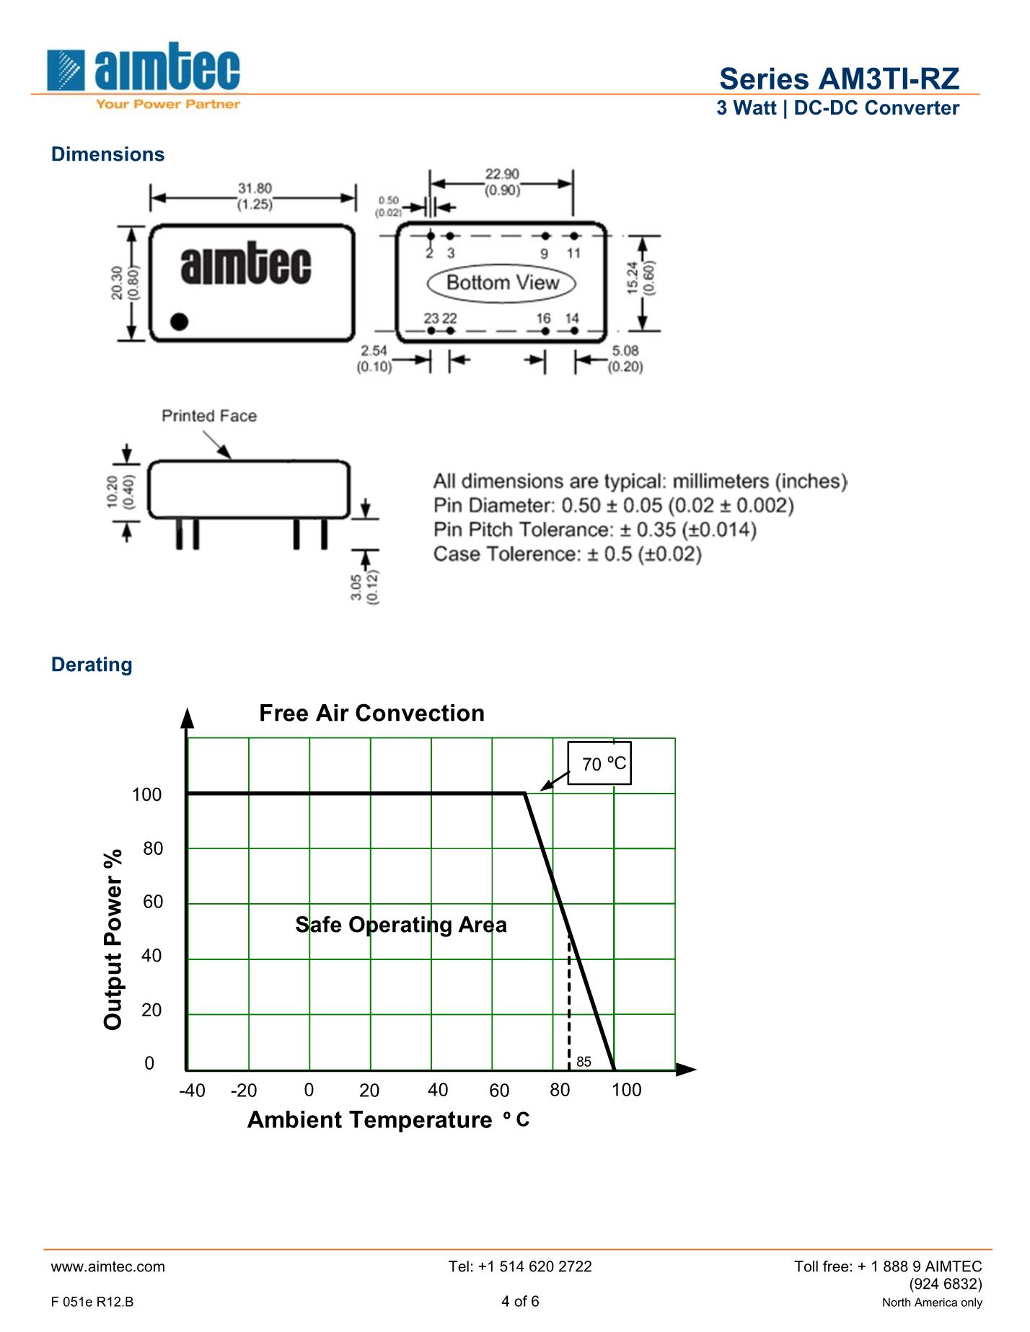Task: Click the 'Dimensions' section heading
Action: (107, 154)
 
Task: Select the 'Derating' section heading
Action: (92, 665)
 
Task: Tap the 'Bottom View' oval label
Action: (502, 283)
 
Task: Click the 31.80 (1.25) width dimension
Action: (255, 196)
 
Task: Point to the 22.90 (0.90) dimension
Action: (502, 182)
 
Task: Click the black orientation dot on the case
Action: (179, 321)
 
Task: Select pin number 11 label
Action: (573, 253)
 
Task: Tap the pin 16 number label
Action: (543, 318)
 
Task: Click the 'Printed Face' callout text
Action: (209, 416)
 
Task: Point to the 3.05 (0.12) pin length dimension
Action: (365, 587)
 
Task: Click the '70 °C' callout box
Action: (600, 763)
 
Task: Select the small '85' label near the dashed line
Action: (584, 1062)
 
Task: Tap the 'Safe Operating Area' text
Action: (401, 925)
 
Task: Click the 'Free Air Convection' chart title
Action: (371, 713)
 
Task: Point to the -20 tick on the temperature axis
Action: (244, 1091)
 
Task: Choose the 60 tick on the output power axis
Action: (153, 902)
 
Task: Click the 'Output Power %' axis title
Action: (113, 939)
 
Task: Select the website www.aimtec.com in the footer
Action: (108, 1266)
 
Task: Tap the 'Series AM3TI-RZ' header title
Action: (839, 79)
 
